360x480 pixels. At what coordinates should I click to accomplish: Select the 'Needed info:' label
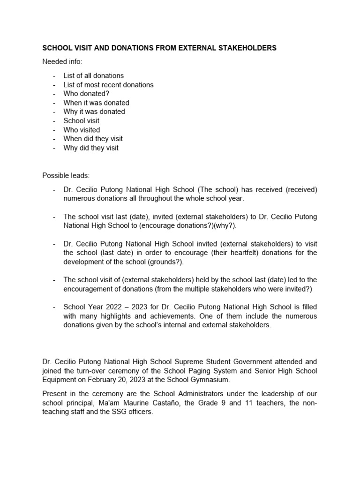pos(62,62)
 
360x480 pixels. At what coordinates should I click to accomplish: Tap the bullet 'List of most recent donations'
pos(108,85)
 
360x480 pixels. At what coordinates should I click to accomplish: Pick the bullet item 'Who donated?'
pos(86,94)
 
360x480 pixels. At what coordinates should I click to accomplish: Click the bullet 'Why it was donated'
pos(94,112)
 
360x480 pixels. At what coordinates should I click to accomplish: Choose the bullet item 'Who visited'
pos(82,130)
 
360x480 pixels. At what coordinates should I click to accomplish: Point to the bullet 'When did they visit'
pos(93,139)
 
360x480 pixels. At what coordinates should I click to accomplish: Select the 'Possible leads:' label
pos(66,175)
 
